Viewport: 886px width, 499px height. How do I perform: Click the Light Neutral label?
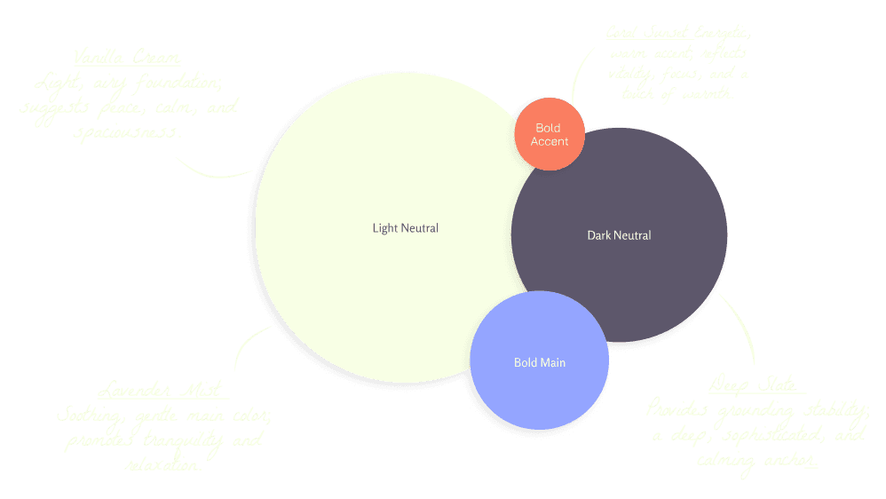(405, 228)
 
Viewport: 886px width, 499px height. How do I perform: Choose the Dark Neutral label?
(619, 235)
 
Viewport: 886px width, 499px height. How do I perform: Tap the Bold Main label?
(539, 362)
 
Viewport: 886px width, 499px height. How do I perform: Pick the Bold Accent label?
(549, 135)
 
